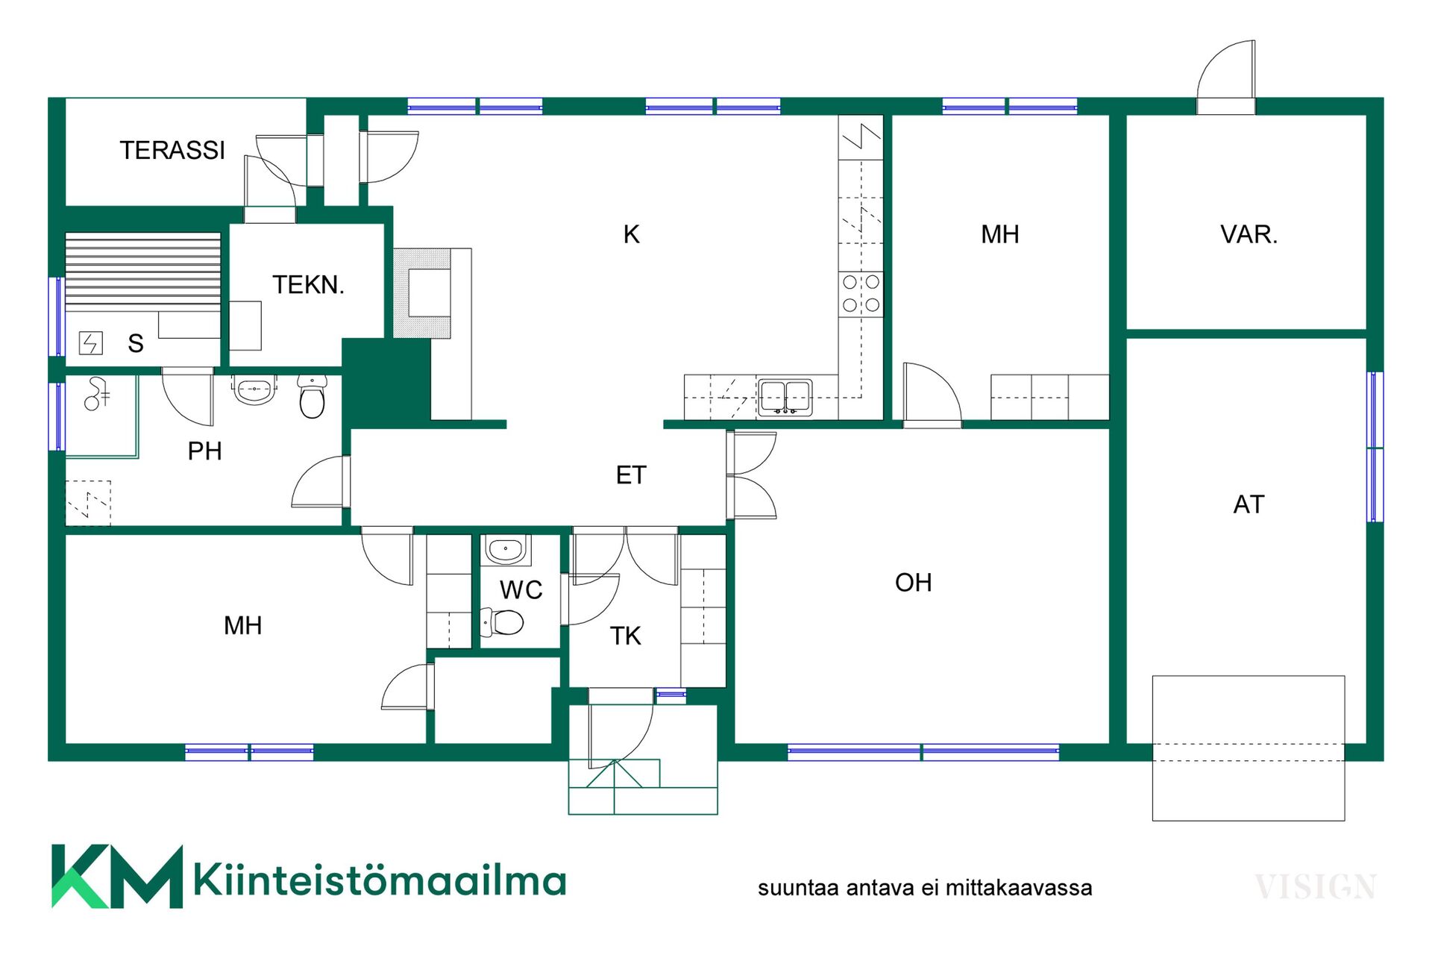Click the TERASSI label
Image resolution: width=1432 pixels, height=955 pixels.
click(172, 150)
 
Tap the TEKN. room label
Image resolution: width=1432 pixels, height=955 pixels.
click(308, 284)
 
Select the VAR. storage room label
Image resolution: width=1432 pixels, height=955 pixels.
click(1249, 234)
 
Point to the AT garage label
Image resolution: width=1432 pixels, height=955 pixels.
click(1249, 504)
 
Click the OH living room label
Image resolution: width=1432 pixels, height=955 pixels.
click(913, 582)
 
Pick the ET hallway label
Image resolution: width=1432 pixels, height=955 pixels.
click(631, 475)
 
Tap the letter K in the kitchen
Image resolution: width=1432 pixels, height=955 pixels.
click(631, 234)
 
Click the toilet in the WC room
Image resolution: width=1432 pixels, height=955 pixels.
click(502, 621)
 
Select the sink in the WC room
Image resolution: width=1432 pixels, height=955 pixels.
click(506, 551)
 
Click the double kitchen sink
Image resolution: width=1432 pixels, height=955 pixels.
click(785, 397)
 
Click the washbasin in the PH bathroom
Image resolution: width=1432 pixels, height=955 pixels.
click(254, 389)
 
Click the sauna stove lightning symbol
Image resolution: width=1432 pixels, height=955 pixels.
click(91, 343)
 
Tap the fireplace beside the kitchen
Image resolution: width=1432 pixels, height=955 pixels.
click(423, 293)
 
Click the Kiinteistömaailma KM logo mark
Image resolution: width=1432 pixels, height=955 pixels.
click(117, 877)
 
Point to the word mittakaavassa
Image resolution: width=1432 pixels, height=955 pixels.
click(1019, 888)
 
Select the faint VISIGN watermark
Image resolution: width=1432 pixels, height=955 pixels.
click(1316, 887)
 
